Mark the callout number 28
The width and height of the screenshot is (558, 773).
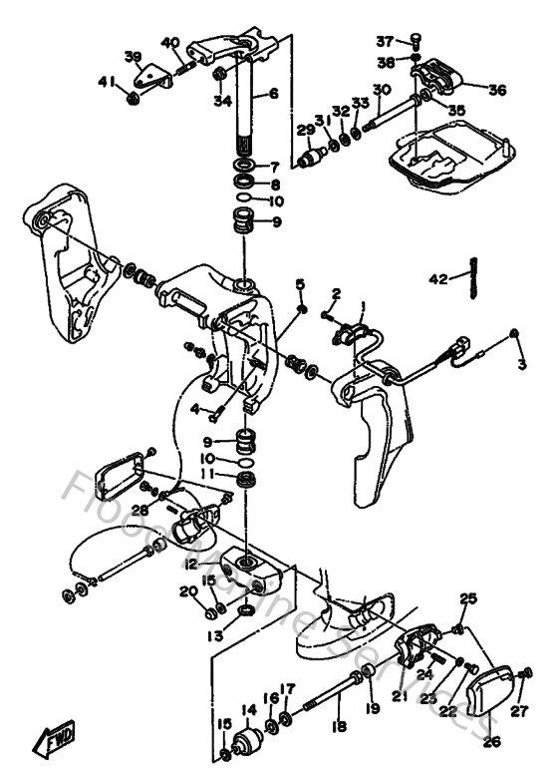[x=140, y=509]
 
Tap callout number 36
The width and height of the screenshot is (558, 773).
[x=497, y=89]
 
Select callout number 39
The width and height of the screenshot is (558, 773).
[x=134, y=56]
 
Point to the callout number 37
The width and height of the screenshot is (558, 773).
[x=385, y=41]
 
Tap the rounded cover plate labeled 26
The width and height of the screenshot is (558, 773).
[x=493, y=689]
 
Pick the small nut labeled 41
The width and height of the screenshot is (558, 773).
[x=131, y=97]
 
